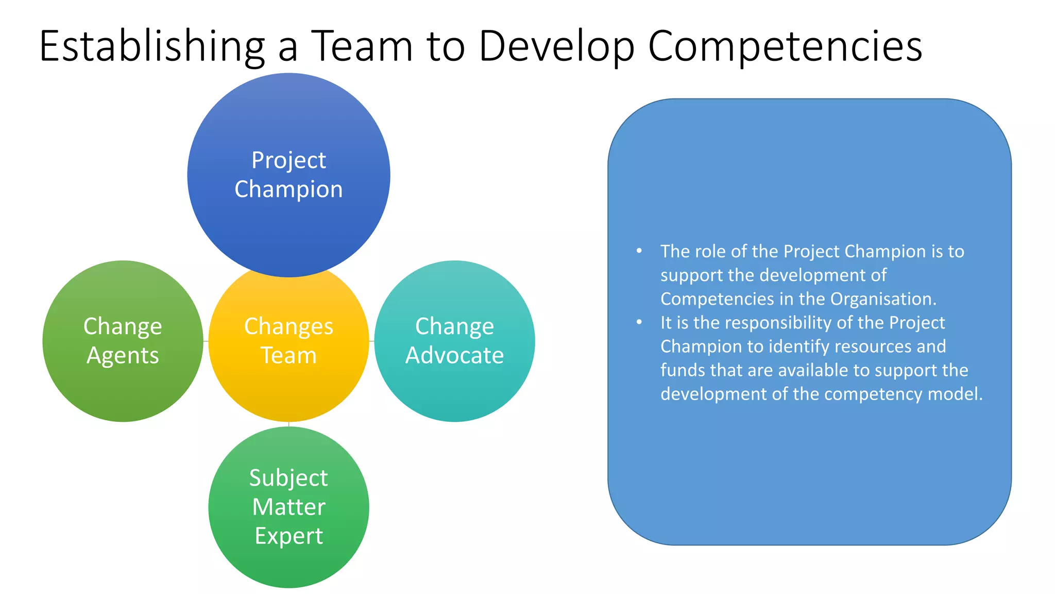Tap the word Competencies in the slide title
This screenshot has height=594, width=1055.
pyautogui.click(x=785, y=46)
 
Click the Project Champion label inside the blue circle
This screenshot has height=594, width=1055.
pyautogui.click(x=288, y=174)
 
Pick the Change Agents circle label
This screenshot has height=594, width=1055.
pyautogui.click(x=123, y=340)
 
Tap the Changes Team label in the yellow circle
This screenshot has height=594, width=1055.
pyautogui.click(x=288, y=340)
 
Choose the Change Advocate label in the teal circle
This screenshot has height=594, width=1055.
pyautogui.click(x=454, y=340)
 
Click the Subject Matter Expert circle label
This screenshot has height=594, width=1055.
pyautogui.click(x=288, y=506)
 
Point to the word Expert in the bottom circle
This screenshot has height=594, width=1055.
pyautogui.click(x=288, y=536)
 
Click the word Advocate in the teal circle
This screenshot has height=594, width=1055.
pyautogui.click(x=454, y=355)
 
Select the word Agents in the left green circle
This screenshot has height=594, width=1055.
pyautogui.click(x=123, y=355)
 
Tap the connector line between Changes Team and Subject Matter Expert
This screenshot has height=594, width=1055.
pyautogui.click(x=289, y=424)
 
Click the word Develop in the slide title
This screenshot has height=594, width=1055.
pyautogui.click(x=556, y=46)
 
